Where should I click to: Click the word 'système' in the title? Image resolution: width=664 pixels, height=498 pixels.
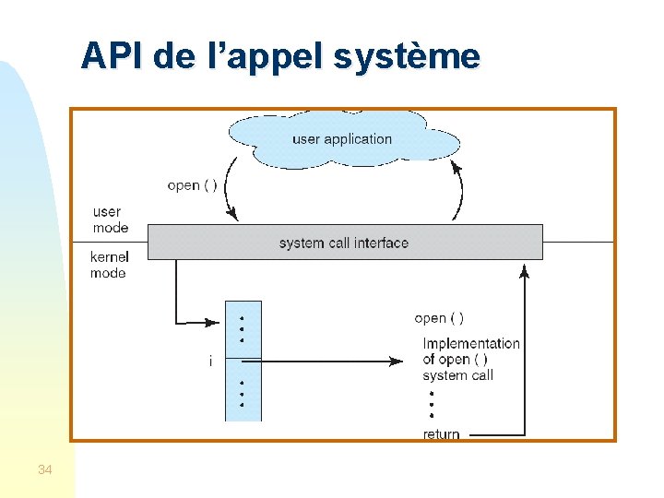(407, 57)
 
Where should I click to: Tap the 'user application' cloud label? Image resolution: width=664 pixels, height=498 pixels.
(342, 139)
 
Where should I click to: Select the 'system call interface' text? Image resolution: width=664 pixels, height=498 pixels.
(344, 243)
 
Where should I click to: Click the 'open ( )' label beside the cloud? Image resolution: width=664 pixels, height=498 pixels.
(193, 185)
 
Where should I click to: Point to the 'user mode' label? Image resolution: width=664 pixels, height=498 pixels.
(110, 219)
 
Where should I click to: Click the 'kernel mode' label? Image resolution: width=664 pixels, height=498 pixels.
(109, 265)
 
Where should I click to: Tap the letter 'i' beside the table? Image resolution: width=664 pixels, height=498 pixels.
(210, 362)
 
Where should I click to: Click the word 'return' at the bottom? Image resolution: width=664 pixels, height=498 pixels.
(441, 434)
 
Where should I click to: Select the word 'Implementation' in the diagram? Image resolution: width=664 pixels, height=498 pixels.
(471, 343)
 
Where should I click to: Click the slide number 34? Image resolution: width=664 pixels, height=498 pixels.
(45, 470)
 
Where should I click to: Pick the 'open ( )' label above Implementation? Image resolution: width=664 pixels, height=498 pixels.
(439, 318)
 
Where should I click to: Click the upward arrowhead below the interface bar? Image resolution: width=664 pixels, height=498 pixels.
(525, 270)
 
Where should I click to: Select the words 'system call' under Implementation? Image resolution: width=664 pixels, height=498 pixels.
(457, 375)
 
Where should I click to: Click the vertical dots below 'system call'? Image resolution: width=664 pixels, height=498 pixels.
(431, 403)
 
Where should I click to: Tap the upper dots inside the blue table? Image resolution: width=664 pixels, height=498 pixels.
(242, 328)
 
